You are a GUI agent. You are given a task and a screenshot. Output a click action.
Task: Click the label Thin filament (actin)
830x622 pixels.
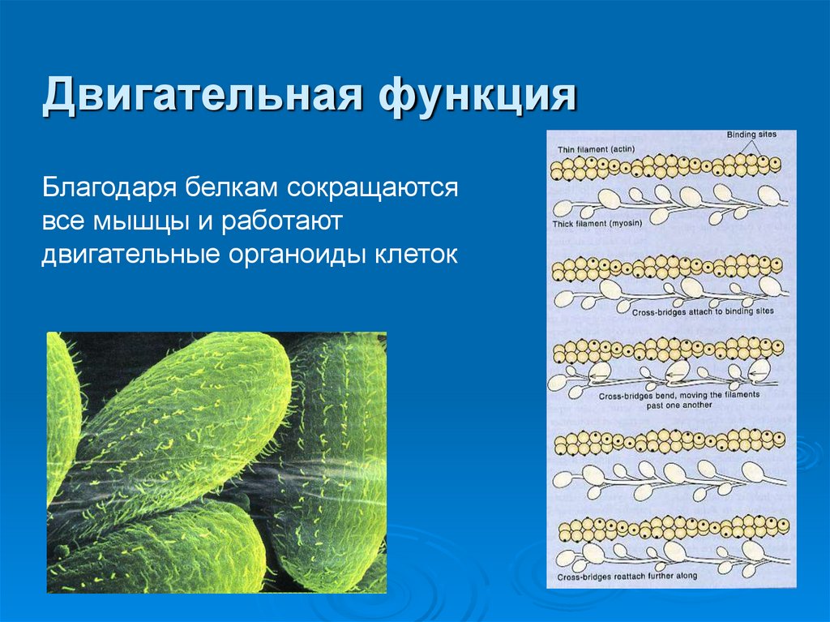[x=596, y=149]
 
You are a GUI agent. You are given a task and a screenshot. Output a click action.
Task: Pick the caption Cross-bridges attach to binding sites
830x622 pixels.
[x=702, y=311]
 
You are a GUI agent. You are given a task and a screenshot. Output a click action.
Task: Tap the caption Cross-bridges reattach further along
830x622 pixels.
[x=627, y=577]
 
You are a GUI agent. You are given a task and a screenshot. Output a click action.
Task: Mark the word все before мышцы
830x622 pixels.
[x=66, y=221]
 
